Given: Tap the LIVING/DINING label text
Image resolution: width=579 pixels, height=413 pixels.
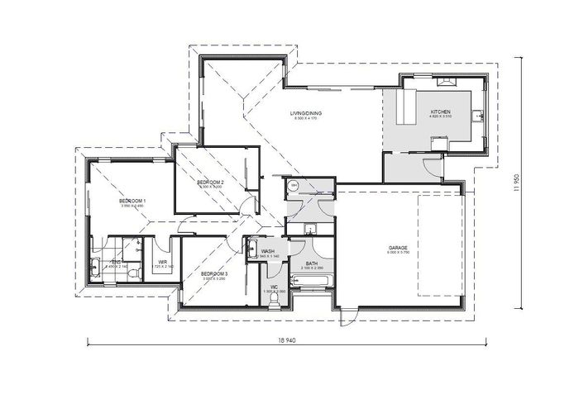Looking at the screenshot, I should (305, 113).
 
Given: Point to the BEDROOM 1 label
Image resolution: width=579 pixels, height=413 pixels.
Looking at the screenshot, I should (132, 201).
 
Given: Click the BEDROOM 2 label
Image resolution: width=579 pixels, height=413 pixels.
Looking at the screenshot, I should (211, 181).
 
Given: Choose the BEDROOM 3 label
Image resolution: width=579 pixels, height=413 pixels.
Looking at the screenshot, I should (214, 273).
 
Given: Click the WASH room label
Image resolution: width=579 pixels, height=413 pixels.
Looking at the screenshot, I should (267, 252).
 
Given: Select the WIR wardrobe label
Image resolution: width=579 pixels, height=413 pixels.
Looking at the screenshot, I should (163, 263).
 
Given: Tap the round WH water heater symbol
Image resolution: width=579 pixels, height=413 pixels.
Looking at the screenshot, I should (292, 187).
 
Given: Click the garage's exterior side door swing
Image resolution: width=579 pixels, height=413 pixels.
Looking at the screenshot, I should (350, 314).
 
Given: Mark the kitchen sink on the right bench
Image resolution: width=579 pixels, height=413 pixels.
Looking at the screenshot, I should (478, 115).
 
